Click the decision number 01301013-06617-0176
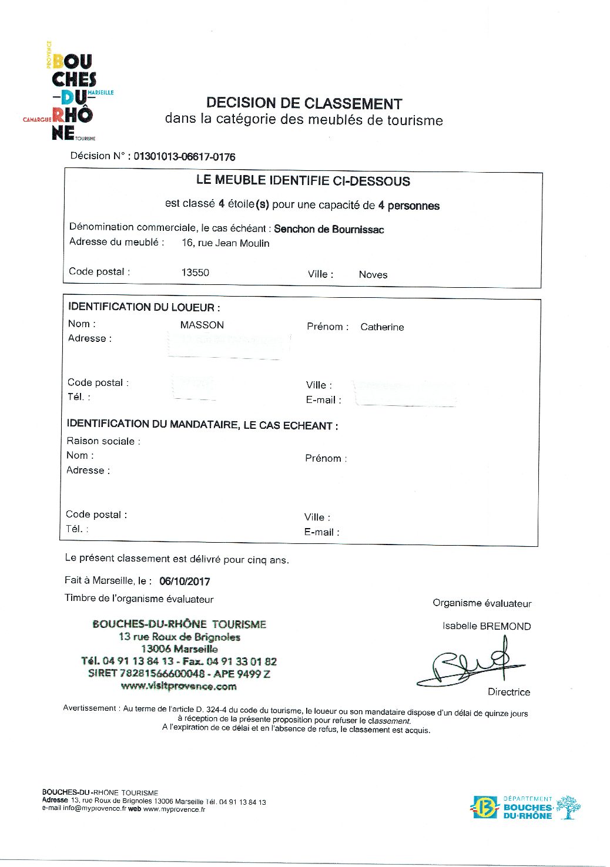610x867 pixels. (x=184, y=157)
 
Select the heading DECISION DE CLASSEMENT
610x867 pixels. (x=304, y=103)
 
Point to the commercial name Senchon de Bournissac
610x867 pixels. (x=329, y=229)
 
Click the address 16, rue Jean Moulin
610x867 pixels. (x=225, y=243)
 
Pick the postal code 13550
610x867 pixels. (x=195, y=273)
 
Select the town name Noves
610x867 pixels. (x=373, y=274)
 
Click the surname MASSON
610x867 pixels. (x=202, y=325)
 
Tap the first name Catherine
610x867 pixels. (x=382, y=327)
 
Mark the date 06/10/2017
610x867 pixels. (x=185, y=582)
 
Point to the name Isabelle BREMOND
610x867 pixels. (x=487, y=626)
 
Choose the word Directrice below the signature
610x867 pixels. (x=508, y=692)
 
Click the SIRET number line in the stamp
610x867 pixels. (x=179, y=674)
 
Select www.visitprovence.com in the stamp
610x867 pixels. (x=179, y=686)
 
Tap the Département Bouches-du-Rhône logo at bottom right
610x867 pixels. (x=527, y=807)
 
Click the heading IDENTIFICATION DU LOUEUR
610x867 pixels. (x=144, y=307)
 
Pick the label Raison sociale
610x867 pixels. (x=103, y=441)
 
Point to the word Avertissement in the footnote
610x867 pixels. (x=90, y=708)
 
